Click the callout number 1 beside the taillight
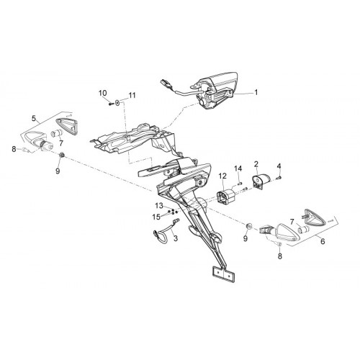[256, 92]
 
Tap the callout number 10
[103, 93]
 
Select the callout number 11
[132, 95]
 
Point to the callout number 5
[34, 118]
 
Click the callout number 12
[222, 176]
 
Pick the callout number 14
[238, 168]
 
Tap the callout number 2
[256, 164]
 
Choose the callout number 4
[279, 166]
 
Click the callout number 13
[159, 206]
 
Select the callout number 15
[156, 217]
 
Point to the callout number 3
[176, 238]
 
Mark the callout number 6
[323, 241]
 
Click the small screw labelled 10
[111, 104]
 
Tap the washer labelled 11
[117, 102]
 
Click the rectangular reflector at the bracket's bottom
[223, 275]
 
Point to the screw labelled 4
[279, 178]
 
